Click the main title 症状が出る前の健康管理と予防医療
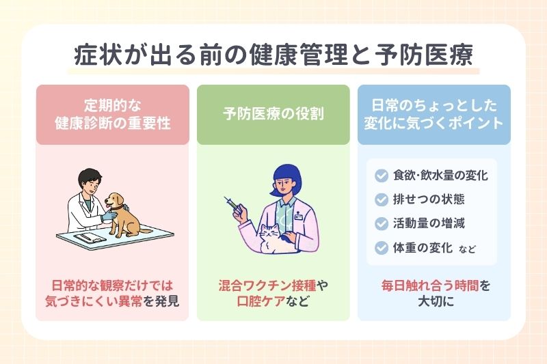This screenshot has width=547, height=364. [x=273, y=55]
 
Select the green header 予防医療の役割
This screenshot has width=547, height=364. [x=273, y=115]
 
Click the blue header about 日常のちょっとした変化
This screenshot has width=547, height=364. [x=434, y=115]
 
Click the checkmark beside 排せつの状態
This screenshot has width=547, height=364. [x=381, y=199]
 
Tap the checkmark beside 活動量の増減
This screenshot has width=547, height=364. [x=381, y=223]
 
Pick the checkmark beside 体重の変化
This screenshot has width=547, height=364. [x=381, y=247]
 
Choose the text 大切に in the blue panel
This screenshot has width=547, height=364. [x=433, y=300]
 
